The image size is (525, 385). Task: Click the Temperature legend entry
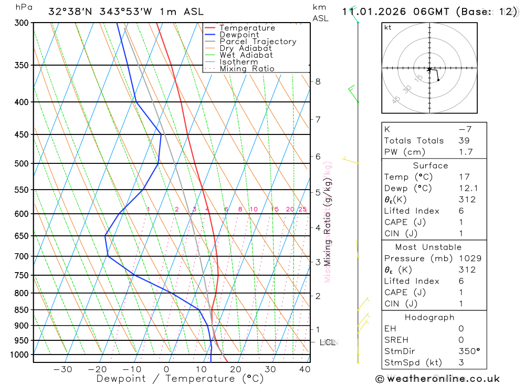[247, 28]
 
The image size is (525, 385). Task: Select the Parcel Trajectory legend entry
[258, 41]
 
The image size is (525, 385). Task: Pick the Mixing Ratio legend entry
[247, 69]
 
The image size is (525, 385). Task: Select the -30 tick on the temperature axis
[62, 369]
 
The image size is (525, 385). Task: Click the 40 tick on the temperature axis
[304, 369]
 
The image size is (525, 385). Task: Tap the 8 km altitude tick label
[318, 81]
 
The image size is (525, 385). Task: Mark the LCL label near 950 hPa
[328, 343]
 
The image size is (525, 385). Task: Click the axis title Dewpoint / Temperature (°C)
[180, 379]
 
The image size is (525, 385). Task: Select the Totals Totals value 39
[464, 141]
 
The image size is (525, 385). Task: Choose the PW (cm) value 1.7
[465, 152]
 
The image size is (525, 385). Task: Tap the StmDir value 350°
[469, 351]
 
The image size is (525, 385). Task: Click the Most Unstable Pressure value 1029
[469, 258]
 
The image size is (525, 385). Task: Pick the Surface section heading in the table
[430, 165]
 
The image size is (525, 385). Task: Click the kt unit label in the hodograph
[388, 28]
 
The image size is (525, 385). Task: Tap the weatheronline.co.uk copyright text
[437, 379]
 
